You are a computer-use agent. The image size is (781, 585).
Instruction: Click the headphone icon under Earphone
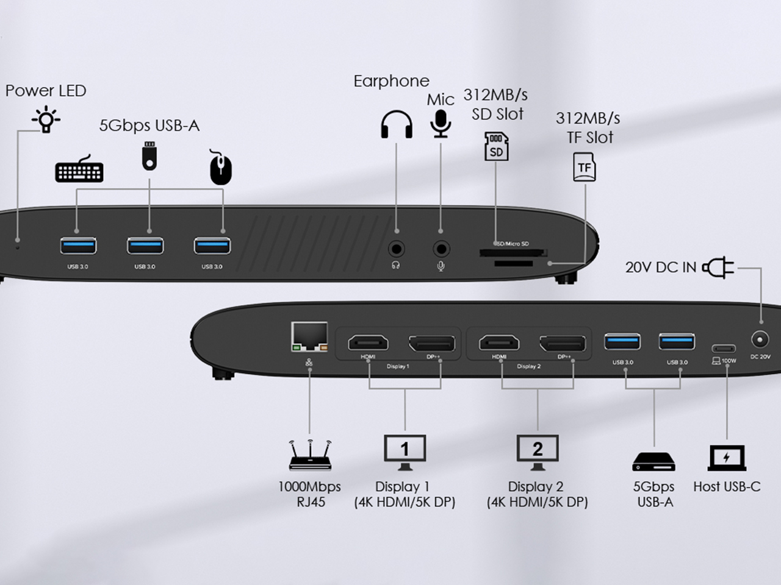(396, 124)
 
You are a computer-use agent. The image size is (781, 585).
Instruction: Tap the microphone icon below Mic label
(441, 124)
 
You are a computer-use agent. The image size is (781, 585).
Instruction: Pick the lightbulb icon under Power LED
(46, 119)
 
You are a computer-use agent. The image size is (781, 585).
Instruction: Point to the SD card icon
(497, 146)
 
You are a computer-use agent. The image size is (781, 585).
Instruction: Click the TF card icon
(584, 167)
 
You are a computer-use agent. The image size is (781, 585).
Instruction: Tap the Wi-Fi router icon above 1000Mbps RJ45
(310, 455)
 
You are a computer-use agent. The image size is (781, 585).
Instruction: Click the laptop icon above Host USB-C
(727, 458)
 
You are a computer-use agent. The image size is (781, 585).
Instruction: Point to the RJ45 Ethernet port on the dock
(309, 337)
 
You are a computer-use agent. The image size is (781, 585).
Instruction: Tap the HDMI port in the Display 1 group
(368, 343)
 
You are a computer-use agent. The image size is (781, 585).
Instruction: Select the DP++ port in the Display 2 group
(564, 343)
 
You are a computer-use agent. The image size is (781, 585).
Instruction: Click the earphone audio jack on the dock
(397, 249)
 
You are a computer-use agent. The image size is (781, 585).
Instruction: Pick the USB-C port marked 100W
(724, 349)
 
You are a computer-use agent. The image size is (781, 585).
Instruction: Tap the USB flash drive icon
(149, 156)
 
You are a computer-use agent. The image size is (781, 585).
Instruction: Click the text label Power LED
(46, 91)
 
